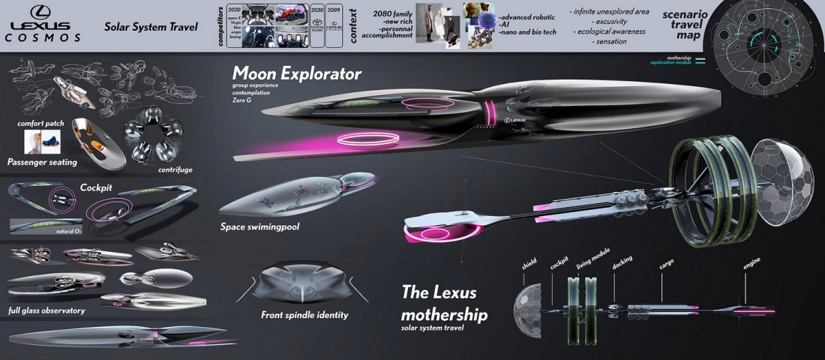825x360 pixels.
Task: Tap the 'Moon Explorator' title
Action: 297,73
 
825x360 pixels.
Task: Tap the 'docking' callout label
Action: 622,262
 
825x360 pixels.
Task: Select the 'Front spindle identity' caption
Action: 304,315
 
